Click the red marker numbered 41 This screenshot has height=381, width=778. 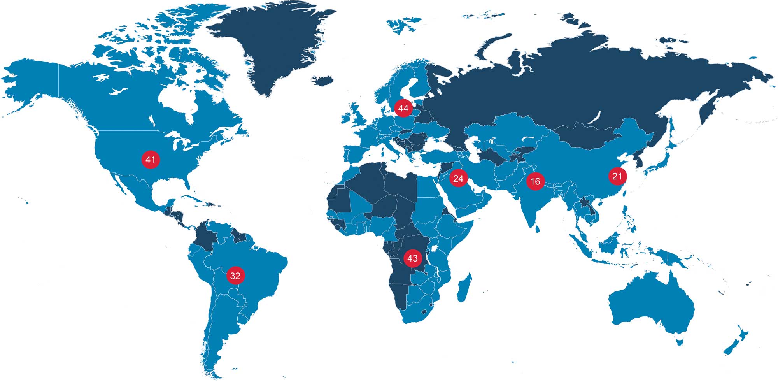coord(151,160)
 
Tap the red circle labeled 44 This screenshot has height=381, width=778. coord(403,108)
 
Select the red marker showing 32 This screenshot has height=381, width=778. coord(235,276)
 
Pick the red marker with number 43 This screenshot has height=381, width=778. coord(412,258)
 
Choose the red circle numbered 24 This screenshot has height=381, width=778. coord(458,179)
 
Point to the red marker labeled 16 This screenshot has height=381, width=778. coord(535,181)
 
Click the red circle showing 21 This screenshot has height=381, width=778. coord(617,176)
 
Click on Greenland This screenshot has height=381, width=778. coord(272,47)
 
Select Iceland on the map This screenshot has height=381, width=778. coord(322,81)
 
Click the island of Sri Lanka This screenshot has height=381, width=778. coord(538,229)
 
